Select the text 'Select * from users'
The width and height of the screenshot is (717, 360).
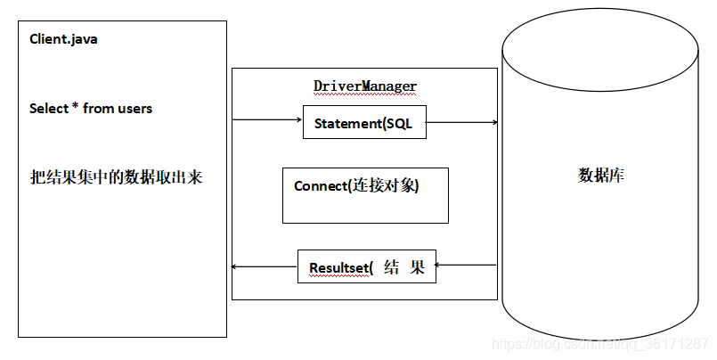(91, 109)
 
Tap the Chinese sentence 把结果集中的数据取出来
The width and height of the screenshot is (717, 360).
(116, 176)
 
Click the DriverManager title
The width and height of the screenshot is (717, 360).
(365, 86)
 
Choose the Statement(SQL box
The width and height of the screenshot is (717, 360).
(364, 124)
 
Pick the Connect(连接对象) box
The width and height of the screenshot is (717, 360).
(365, 195)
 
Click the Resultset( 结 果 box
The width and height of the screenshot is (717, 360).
(366, 266)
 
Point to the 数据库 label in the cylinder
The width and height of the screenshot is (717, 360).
(601, 175)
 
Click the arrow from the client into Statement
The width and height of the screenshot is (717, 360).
(267, 119)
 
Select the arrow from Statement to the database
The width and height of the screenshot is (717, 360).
(461, 122)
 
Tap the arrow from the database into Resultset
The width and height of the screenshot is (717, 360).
(466, 265)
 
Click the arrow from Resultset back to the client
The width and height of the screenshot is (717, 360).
(264, 266)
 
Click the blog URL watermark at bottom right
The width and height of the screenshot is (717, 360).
(601, 344)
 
